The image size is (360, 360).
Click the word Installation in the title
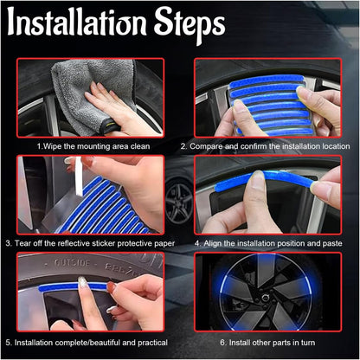coord(76,22)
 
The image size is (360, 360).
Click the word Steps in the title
coord(190,24)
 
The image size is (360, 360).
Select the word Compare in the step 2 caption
coord(206,146)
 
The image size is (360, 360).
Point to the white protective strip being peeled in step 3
coord(78,176)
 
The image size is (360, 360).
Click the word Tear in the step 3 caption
coord(22,243)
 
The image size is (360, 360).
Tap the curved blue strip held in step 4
coord(264,179)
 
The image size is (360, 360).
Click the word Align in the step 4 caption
coord(213,243)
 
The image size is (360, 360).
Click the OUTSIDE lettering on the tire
coord(72,263)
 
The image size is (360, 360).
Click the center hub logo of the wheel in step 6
coord(264,298)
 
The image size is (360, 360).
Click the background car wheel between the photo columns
coord(179,202)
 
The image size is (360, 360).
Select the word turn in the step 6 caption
coord(307,343)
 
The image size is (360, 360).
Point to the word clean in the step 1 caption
coord(140,146)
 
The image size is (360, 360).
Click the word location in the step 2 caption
coord(336,146)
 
